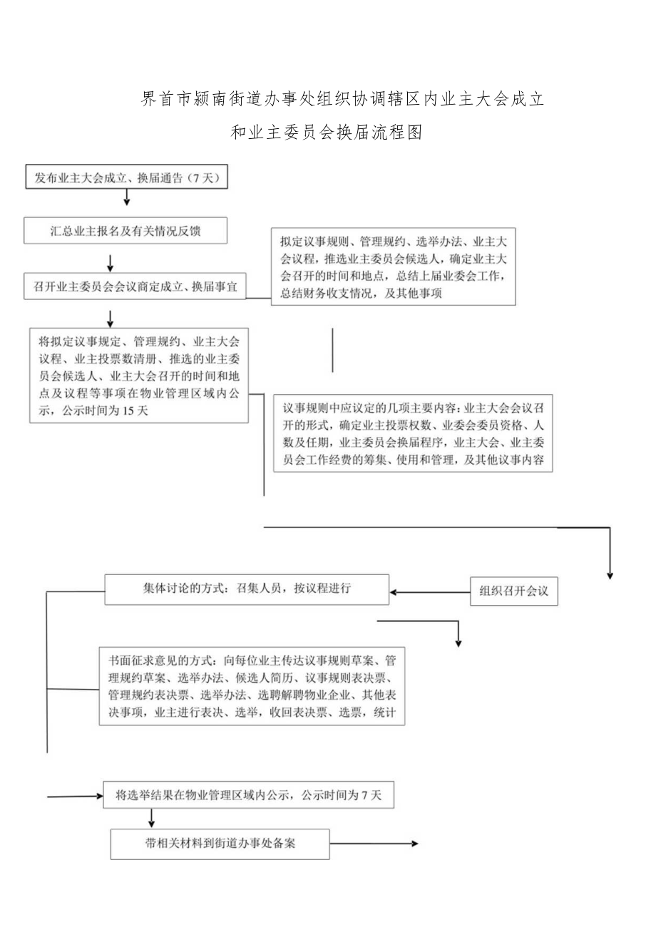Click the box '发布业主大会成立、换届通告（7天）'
[x=127, y=179]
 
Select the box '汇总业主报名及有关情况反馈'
[x=125, y=230]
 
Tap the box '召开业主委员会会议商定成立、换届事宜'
[x=134, y=286]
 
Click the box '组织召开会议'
[x=514, y=591]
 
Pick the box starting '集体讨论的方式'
[x=247, y=589]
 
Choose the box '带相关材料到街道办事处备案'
[x=220, y=844]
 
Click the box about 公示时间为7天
[x=247, y=795]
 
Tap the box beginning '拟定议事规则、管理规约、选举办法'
[x=393, y=266]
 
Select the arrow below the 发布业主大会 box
[x=127, y=197]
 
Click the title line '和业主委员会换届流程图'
[x=327, y=133]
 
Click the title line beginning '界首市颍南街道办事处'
[x=343, y=100]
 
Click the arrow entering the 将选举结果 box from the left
[x=75, y=795]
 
